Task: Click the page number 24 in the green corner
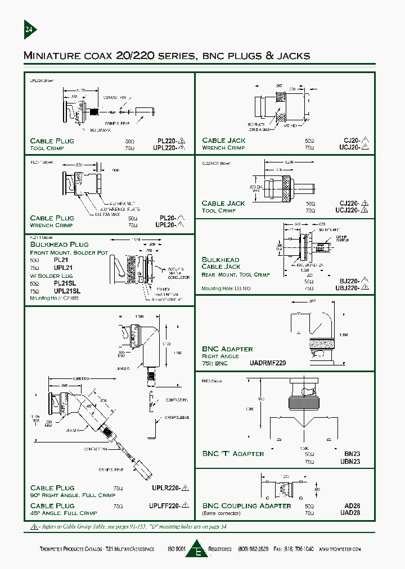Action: pyautogui.click(x=29, y=30)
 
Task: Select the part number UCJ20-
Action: pyautogui.click(x=348, y=148)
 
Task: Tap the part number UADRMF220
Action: pyautogui.click(x=268, y=363)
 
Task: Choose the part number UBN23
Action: pyautogui.click(x=350, y=462)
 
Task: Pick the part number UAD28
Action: pyautogui.click(x=350, y=513)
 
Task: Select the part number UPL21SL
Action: pyautogui.click(x=67, y=291)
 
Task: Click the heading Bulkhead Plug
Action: pyautogui.click(x=59, y=245)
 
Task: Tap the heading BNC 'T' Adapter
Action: pyautogui.click(x=233, y=453)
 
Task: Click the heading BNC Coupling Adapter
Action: pyautogui.click(x=246, y=505)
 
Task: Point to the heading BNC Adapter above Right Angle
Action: pyautogui.click(x=227, y=349)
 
